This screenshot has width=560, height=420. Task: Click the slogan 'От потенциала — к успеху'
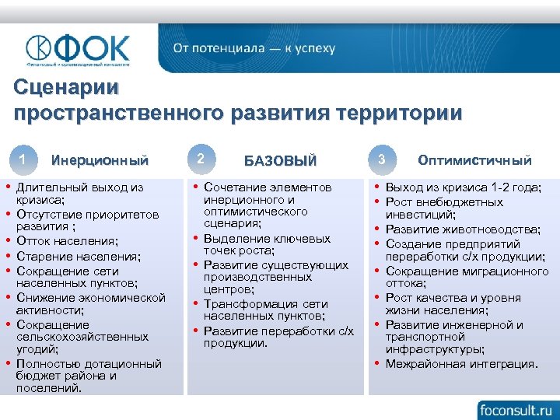[x=254, y=48]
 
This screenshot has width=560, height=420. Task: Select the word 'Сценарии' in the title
[x=65, y=87]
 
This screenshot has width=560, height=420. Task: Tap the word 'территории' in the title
[x=397, y=113]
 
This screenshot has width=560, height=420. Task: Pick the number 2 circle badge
[x=201, y=159]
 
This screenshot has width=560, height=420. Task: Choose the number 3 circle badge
[x=381, y=160]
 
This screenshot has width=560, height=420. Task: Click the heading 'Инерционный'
[x=100, y=161]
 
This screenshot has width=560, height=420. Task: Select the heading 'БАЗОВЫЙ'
[x=280, y=161]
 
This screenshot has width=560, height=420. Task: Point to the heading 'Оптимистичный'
[x=474, y=160]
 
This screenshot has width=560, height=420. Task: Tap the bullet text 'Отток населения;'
[x=68, y=242]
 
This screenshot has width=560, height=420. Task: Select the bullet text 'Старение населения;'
[x=79, y=256]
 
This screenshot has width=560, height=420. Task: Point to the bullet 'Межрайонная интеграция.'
[x=461, y=363]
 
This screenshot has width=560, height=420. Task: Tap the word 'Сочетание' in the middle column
[x=233, y=187]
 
